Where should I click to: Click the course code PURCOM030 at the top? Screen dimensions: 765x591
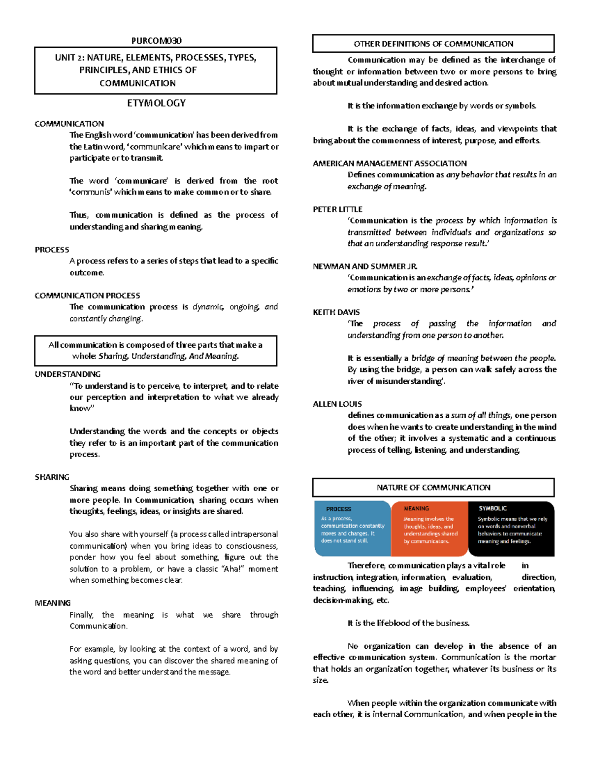[x=156, y=41]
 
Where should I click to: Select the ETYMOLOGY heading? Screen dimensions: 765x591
[x=156, y=103]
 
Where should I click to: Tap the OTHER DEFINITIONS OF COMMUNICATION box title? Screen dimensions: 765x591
[x=433, y=44]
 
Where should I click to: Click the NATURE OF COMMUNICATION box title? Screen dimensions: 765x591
[x=433, y=488]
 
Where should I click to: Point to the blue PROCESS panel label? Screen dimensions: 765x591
[x=339, y=509]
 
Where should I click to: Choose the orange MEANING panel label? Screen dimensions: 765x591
[x=416, y=508]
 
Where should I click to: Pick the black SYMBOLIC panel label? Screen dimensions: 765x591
[x=492, y=508]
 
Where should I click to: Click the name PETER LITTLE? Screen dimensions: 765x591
[x=337, y=209]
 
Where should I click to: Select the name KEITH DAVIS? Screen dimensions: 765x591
[x=336, y=312]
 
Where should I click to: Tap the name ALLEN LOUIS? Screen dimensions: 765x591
[x=337, y=404]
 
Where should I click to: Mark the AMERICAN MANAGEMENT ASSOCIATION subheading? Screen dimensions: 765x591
[x=390, y=164]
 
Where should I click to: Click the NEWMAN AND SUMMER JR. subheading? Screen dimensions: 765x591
[x=365, y=266]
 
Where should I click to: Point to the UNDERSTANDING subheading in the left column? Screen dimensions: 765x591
[x=67, y=374]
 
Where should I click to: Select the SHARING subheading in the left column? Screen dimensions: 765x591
[x=52, y=477]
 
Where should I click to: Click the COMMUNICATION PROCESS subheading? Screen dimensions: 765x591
[x=87, y=296]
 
